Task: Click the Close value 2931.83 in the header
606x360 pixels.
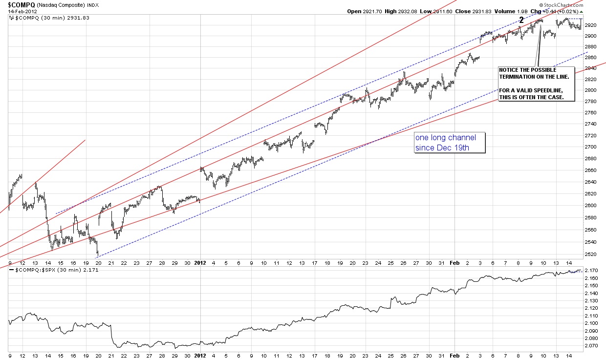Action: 475,11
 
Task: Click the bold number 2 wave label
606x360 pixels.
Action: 521,20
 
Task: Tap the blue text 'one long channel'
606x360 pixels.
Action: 445,137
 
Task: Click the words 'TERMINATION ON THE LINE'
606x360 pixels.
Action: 527,77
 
